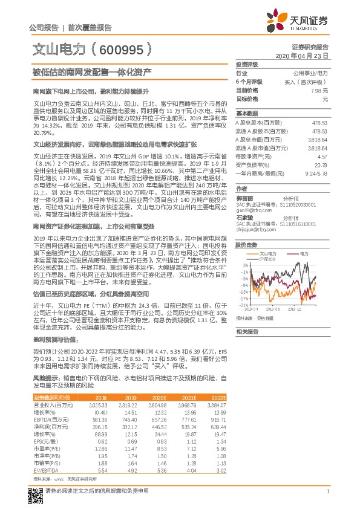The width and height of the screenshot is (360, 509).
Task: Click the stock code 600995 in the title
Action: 121,48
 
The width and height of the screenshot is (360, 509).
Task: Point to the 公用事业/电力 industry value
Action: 313,73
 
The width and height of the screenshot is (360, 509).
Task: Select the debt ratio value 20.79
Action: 322,164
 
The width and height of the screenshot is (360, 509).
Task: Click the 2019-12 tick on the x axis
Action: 312,308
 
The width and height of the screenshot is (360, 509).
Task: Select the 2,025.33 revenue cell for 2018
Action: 98,404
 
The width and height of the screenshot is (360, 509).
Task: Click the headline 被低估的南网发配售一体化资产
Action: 91,72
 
